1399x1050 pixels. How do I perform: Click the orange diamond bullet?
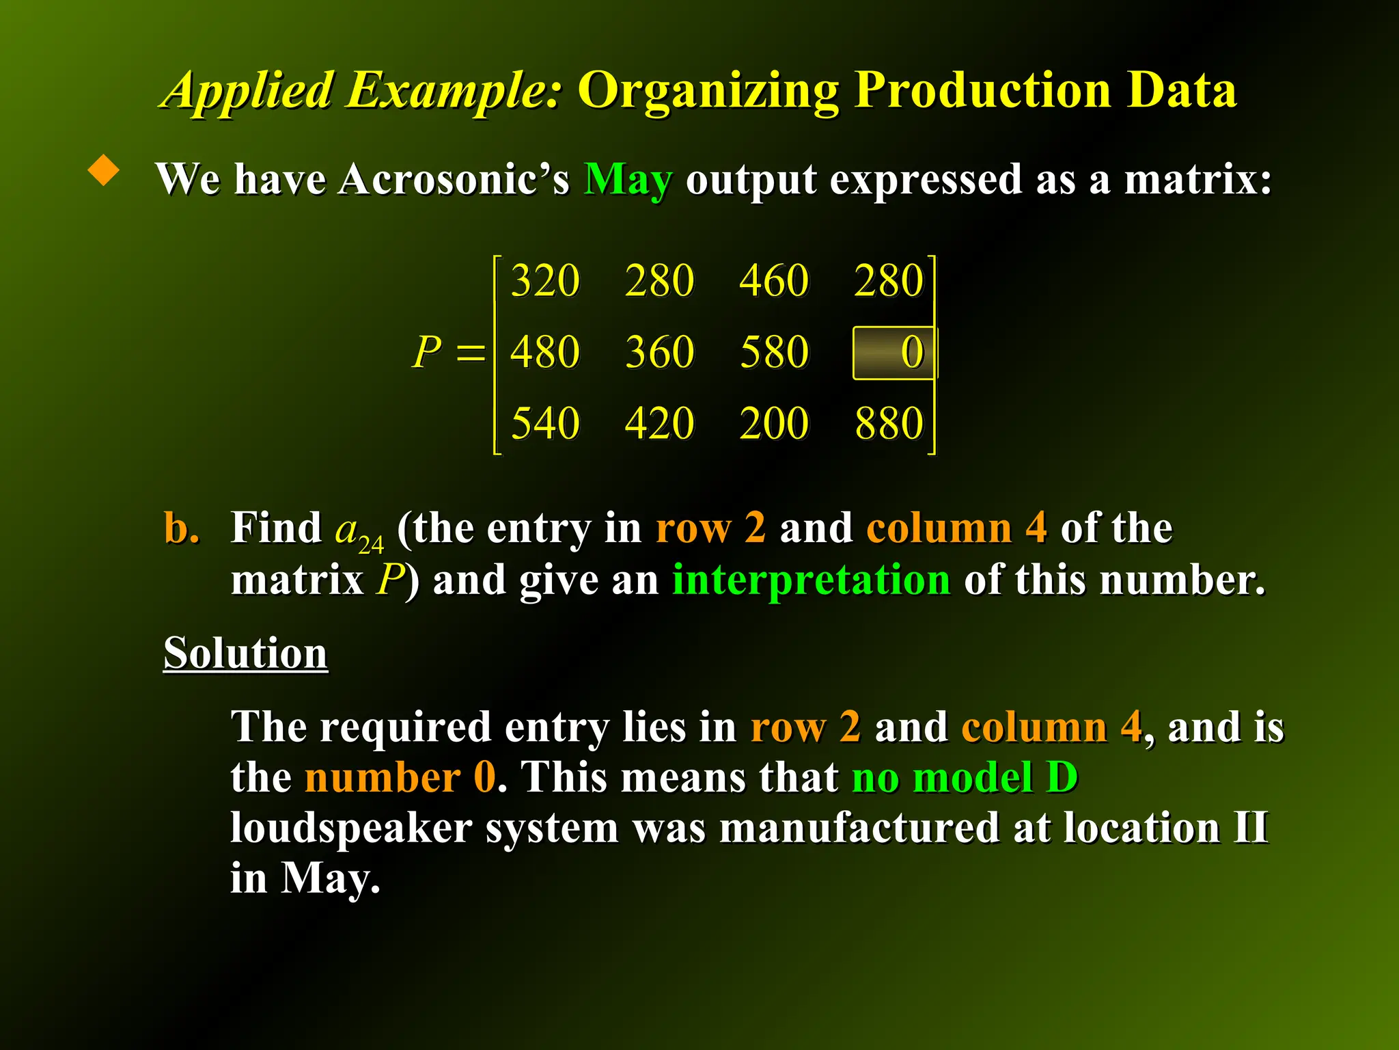pyautogui.click(x=104, y=170)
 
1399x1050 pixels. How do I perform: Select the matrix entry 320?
pyautogui.click(x=545, y=280)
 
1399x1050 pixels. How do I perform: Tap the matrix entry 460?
pyautogui.click(x=774, y=280)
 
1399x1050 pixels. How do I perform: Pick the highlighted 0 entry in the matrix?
pyautogui.click(x=895, y=353)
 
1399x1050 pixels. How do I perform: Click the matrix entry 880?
pyautogui.click(x=889, y=423)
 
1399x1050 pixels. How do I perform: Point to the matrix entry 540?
pyautogui.click(x=545, y=423)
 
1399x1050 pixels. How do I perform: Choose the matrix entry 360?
pyautogui.click(x=660, y=353)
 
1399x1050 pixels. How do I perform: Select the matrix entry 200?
pyautogui.click(x=774, y=423)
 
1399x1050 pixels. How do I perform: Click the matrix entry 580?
pyautogui.click(x=774, y=353)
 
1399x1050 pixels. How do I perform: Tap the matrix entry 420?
pyautogui.click(x=660, y=423)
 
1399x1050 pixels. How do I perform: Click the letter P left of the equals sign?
pyautogui.click(x=428, y=353)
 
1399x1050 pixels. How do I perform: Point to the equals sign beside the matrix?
pyautogui.click(x=470, y=353)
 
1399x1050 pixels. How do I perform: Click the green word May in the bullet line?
pyautogui.click(x=628, y=180)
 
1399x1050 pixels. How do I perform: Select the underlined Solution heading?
pyautogui.click(x=245, y=653)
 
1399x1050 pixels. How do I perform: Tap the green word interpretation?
pyautogui.click(x=811, y=580)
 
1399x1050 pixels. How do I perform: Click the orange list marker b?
pyautogui.click(x=181, y=528)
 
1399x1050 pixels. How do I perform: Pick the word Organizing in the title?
pyautogui.click(x=708, y=91)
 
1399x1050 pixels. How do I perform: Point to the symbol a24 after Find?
pyautogui.click(x=359, y=532)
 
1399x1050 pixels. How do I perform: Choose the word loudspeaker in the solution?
pyautogui.click(x=351, y=829)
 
